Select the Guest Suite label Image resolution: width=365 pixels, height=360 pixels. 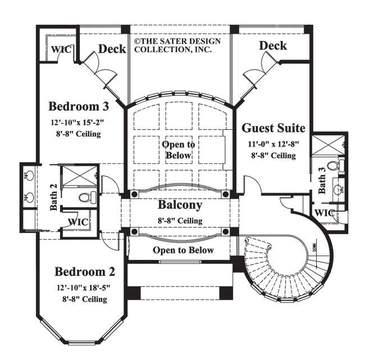[273, 128]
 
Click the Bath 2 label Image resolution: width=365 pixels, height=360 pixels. [53, 198]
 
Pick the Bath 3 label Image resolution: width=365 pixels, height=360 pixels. [323, 181]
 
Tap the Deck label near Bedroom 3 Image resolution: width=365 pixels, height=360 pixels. [112, 49]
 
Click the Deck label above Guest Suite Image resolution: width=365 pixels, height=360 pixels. [273, 45]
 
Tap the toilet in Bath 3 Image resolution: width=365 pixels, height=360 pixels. [333, 166]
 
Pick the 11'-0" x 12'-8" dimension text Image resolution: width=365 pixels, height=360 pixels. [273, 144]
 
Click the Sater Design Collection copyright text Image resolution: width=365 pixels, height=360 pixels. [177, 45]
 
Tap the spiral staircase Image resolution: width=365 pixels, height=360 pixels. [281, 264]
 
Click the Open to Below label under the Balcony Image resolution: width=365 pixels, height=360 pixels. [183, 250]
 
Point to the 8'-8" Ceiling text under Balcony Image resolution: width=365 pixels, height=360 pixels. [180, 220]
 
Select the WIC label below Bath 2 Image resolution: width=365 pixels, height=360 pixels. [77, 221]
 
